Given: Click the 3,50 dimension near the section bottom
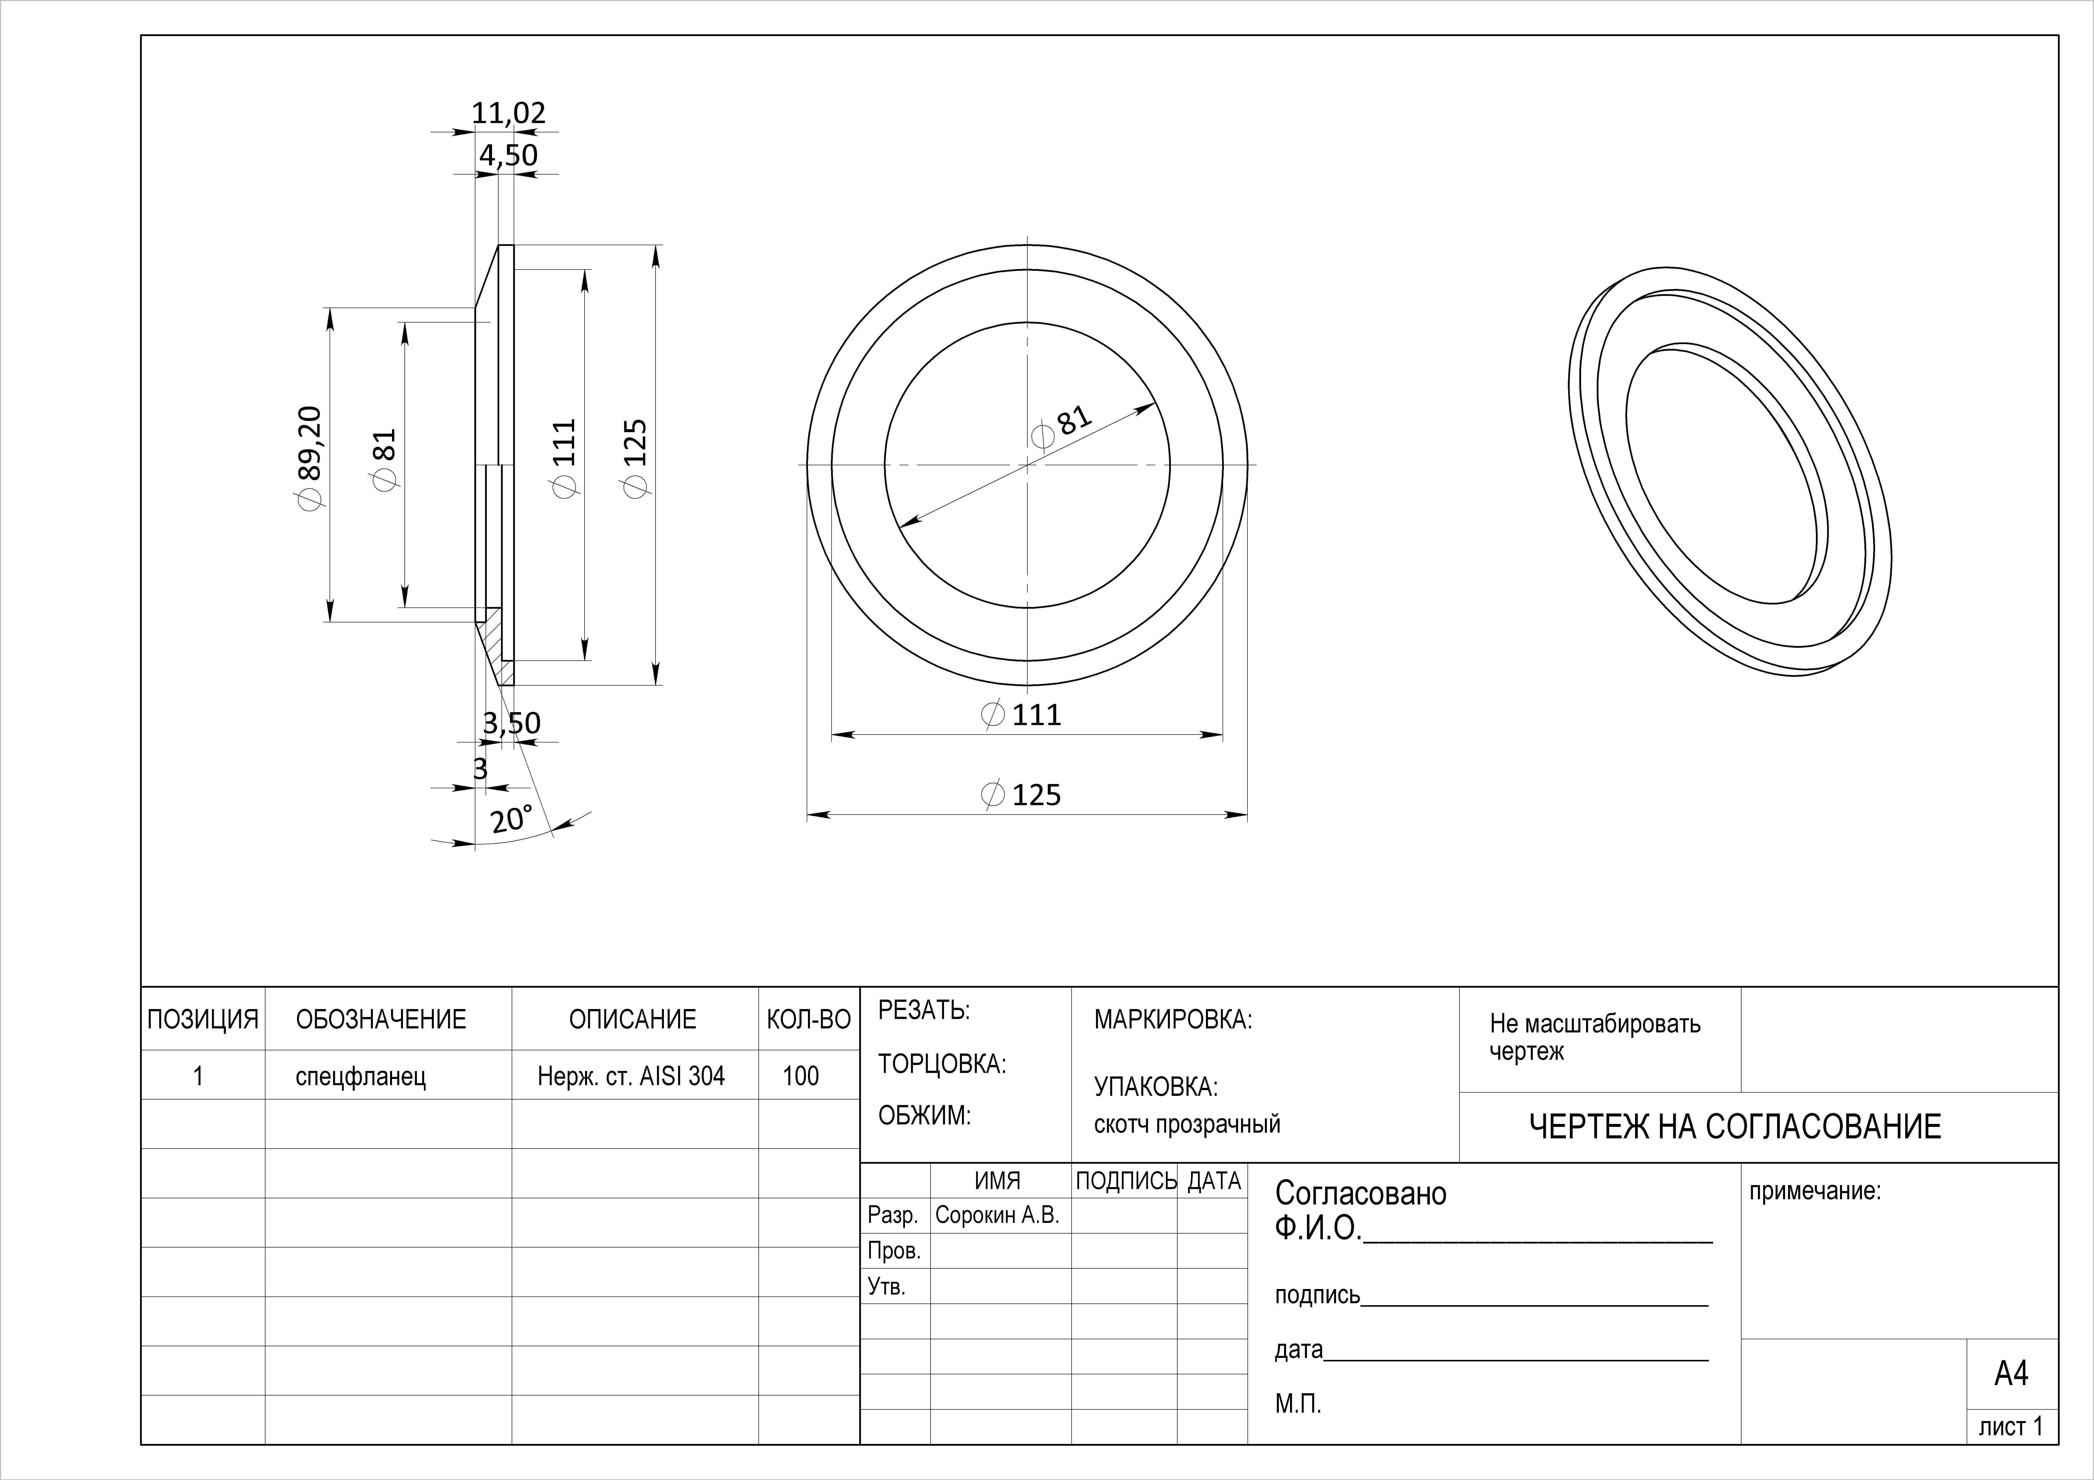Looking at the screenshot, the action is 512,723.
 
